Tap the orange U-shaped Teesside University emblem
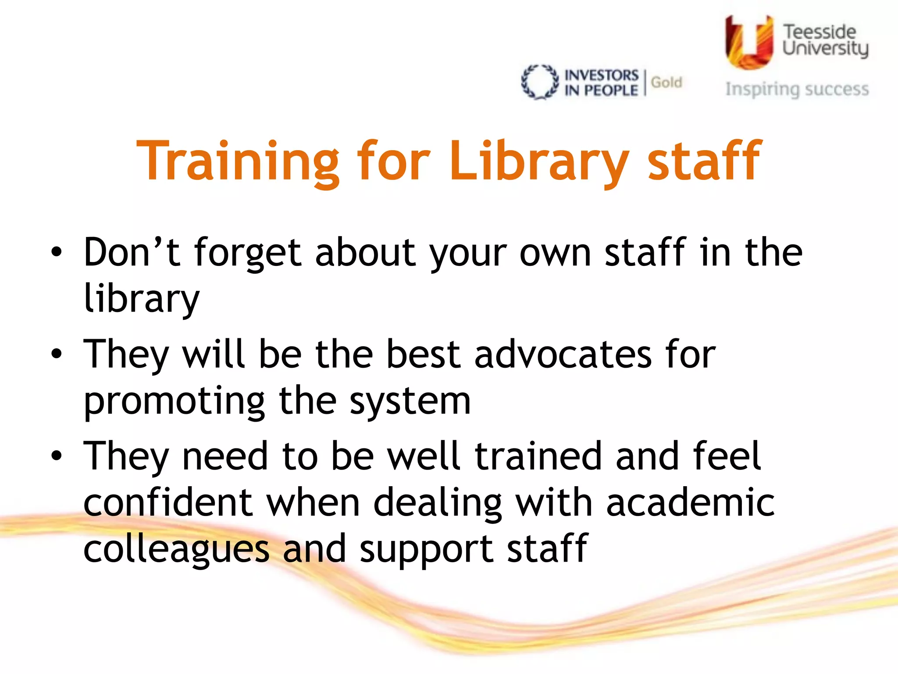[x=748, y=43]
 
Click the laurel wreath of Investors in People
[x=540, y=82]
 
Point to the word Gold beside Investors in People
[x=666, y=82]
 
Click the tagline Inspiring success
[x=797, y=89]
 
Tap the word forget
[x=248, y=254]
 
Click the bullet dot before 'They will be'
[x=56, y=354]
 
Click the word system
[x=410, y=402]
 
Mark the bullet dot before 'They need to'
[x=56, y=455]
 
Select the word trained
[x=538, y=456]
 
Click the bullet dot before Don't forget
[x=56, y=252]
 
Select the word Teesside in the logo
[x=820, y=32]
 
